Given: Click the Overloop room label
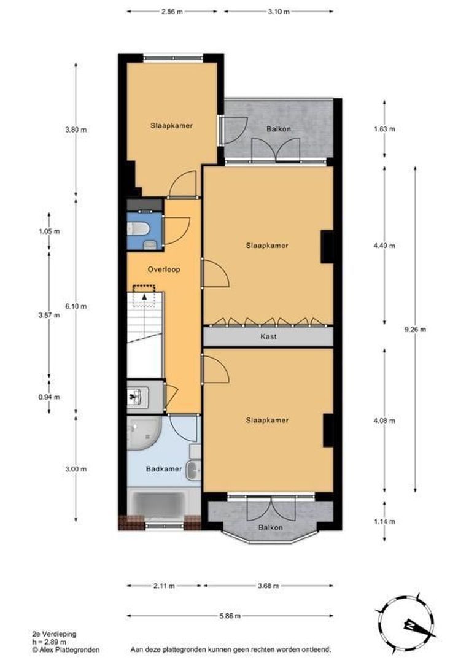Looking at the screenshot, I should pyautogui.click(x=164, y=269).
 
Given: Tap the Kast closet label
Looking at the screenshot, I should pyautogui.click(x=267, y=336).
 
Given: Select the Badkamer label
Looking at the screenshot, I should pyautogui.click(x=164, y=469).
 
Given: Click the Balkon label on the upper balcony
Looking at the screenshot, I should pyautogui.click(x=278, y=129).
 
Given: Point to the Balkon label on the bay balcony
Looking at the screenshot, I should pyautogui.click(x=271, y=527).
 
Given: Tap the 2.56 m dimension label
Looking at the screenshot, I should pyautogui.click(x=172, y=11).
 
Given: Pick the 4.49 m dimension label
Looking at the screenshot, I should pyautogui.click(x=385, y=246).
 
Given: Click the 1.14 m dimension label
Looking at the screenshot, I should pyautogui.click(x=385, y=522).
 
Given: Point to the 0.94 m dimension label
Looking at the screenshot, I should pyautogui.click(x=49, y=397).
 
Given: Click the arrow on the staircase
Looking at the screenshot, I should pyautogui.click(x=145, y=296).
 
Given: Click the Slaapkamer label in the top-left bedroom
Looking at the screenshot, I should pyautogui.click(x=172, y=125).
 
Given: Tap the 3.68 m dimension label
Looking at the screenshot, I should pyautogui.click(x=267, y=586).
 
